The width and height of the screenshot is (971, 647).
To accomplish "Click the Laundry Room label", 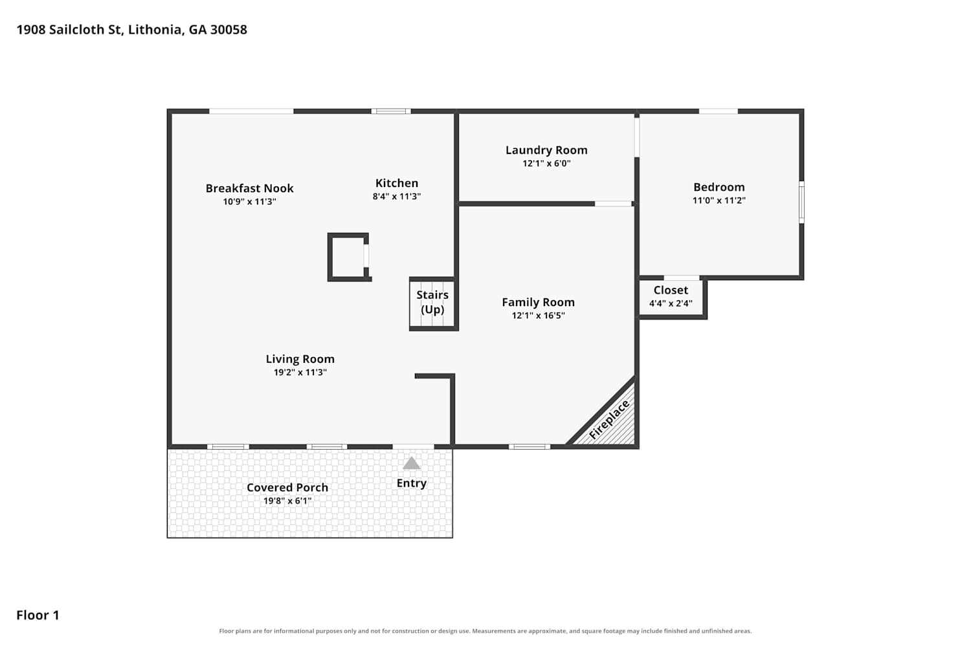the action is pyautogui.click(x=546, y=150).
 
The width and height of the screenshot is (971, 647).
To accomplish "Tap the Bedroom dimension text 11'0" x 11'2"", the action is pyautogui.click(x=719, y=200).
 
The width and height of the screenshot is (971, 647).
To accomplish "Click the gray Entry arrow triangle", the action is pyautogui.click(x=411, y=463).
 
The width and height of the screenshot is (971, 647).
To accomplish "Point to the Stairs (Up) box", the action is pyautogui.click(x=432, y=303).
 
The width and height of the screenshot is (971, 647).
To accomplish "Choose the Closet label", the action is pyautogui.click(x=671, y=291).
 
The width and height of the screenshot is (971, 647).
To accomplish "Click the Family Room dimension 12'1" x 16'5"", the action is pyautogui.click(x=538, y=316).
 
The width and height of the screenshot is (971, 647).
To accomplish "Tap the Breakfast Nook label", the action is pyautogui.click(x=249, y=188).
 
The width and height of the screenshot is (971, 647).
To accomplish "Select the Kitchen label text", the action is pyautogui.click(x=397, y=183).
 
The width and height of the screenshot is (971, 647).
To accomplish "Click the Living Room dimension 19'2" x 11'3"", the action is pyautogui.click(x=300, y=372).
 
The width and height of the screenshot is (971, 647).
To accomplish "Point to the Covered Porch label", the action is pyautogui.click(x=287, y=488).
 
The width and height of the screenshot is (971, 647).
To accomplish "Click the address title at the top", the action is pyautogui.click(x=132, y=30).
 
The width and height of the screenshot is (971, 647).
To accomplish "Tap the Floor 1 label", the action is pyautogui.click(x=38, y=615).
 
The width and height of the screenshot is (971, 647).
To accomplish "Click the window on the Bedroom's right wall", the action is pyautogui.click(x=801, y=203).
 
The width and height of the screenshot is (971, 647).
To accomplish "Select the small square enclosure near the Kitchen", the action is pyautogui.click(x=349, y=258).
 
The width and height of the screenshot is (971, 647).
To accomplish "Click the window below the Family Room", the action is pyautogui.click(x=530, y=447).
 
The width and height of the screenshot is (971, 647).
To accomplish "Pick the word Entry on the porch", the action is pyautogui.click(x=411, y=483).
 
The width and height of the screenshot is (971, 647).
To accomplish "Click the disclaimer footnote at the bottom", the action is pyautogui.click(x=485, y=631).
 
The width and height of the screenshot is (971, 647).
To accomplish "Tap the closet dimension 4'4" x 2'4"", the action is pyautogui.click(x=671, y=303).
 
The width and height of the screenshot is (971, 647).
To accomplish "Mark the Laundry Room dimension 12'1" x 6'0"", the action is pyautogui.click(x=546, y=164).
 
